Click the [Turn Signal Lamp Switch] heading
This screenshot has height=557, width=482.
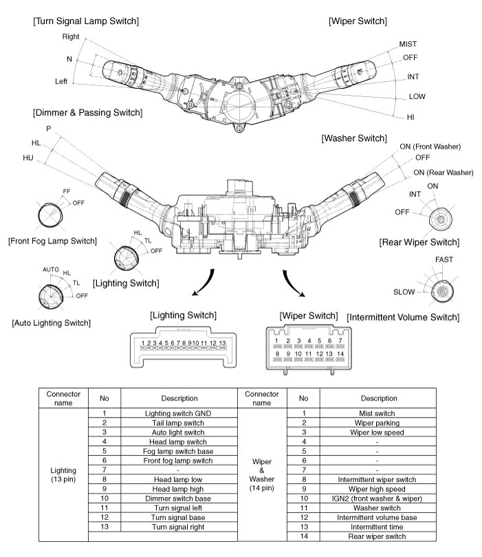click(x=85, y=21)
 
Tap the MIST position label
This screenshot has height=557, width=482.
click(x=408, y=44)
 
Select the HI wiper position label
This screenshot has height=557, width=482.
click(x=410, y=118)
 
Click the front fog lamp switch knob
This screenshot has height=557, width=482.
click(x=50, y=215)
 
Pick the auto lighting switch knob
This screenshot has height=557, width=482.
click(x=50, y=296)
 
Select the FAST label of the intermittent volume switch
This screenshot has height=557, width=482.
click(x=444, y=259)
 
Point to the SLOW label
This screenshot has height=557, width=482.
click(x=404, y=292)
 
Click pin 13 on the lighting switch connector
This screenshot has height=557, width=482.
click(x=222, y=343)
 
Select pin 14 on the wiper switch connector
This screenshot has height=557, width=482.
click(x=340, y=355)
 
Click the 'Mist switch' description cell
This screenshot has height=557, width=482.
click(x=375, y=413)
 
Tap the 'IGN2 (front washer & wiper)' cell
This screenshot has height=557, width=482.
click(x=375, y=496)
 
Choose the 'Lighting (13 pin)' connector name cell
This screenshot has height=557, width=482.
click(x=63, y=474)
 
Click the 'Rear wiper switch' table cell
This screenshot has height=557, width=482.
click(x=375, y=536)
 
